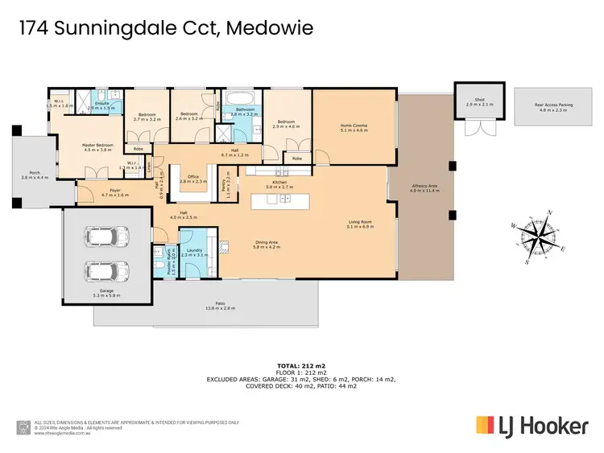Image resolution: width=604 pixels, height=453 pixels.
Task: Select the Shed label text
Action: point(468,101)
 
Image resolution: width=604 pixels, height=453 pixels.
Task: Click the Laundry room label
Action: point(193,252)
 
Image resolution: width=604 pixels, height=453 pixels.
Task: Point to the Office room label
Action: point(189,178)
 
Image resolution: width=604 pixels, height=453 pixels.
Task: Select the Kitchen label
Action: point(279,183)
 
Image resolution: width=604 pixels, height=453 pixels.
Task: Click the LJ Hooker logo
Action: point(532,425)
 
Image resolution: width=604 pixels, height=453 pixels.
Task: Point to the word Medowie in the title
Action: point(271,29)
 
